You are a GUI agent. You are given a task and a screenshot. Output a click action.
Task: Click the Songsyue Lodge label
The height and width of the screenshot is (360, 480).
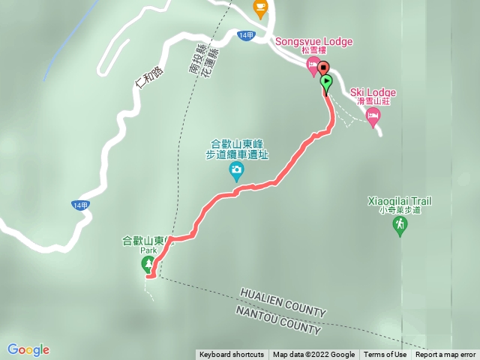point(313,41)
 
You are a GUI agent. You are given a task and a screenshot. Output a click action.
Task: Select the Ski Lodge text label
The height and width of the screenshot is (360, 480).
point(373,92)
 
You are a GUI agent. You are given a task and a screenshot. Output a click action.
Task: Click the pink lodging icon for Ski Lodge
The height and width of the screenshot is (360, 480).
point(373,115)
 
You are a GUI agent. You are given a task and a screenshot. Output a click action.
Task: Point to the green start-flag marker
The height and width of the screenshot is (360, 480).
point(326,82)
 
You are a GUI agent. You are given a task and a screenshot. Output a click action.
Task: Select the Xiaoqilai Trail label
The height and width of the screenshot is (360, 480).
point(400,201)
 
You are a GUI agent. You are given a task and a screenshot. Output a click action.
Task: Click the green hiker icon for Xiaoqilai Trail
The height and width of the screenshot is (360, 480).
point(400,224)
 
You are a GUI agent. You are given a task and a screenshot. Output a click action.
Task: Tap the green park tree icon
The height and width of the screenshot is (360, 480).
point(148,264)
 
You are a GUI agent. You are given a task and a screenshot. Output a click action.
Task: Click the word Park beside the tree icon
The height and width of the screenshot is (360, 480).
point(147,251)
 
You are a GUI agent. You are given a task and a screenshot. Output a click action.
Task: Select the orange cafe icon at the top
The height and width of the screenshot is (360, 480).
point(260,9)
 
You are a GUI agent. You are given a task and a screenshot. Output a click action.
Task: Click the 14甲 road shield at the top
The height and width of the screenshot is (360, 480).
point(245,35)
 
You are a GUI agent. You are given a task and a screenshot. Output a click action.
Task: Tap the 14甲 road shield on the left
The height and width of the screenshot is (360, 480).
point(80,205)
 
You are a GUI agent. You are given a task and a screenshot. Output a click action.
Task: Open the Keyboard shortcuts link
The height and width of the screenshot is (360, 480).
point(232,355)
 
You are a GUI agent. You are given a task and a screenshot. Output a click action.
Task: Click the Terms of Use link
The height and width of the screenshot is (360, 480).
point(385,355)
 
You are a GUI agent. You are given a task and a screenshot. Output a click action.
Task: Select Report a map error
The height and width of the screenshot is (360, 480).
point(445,355)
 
